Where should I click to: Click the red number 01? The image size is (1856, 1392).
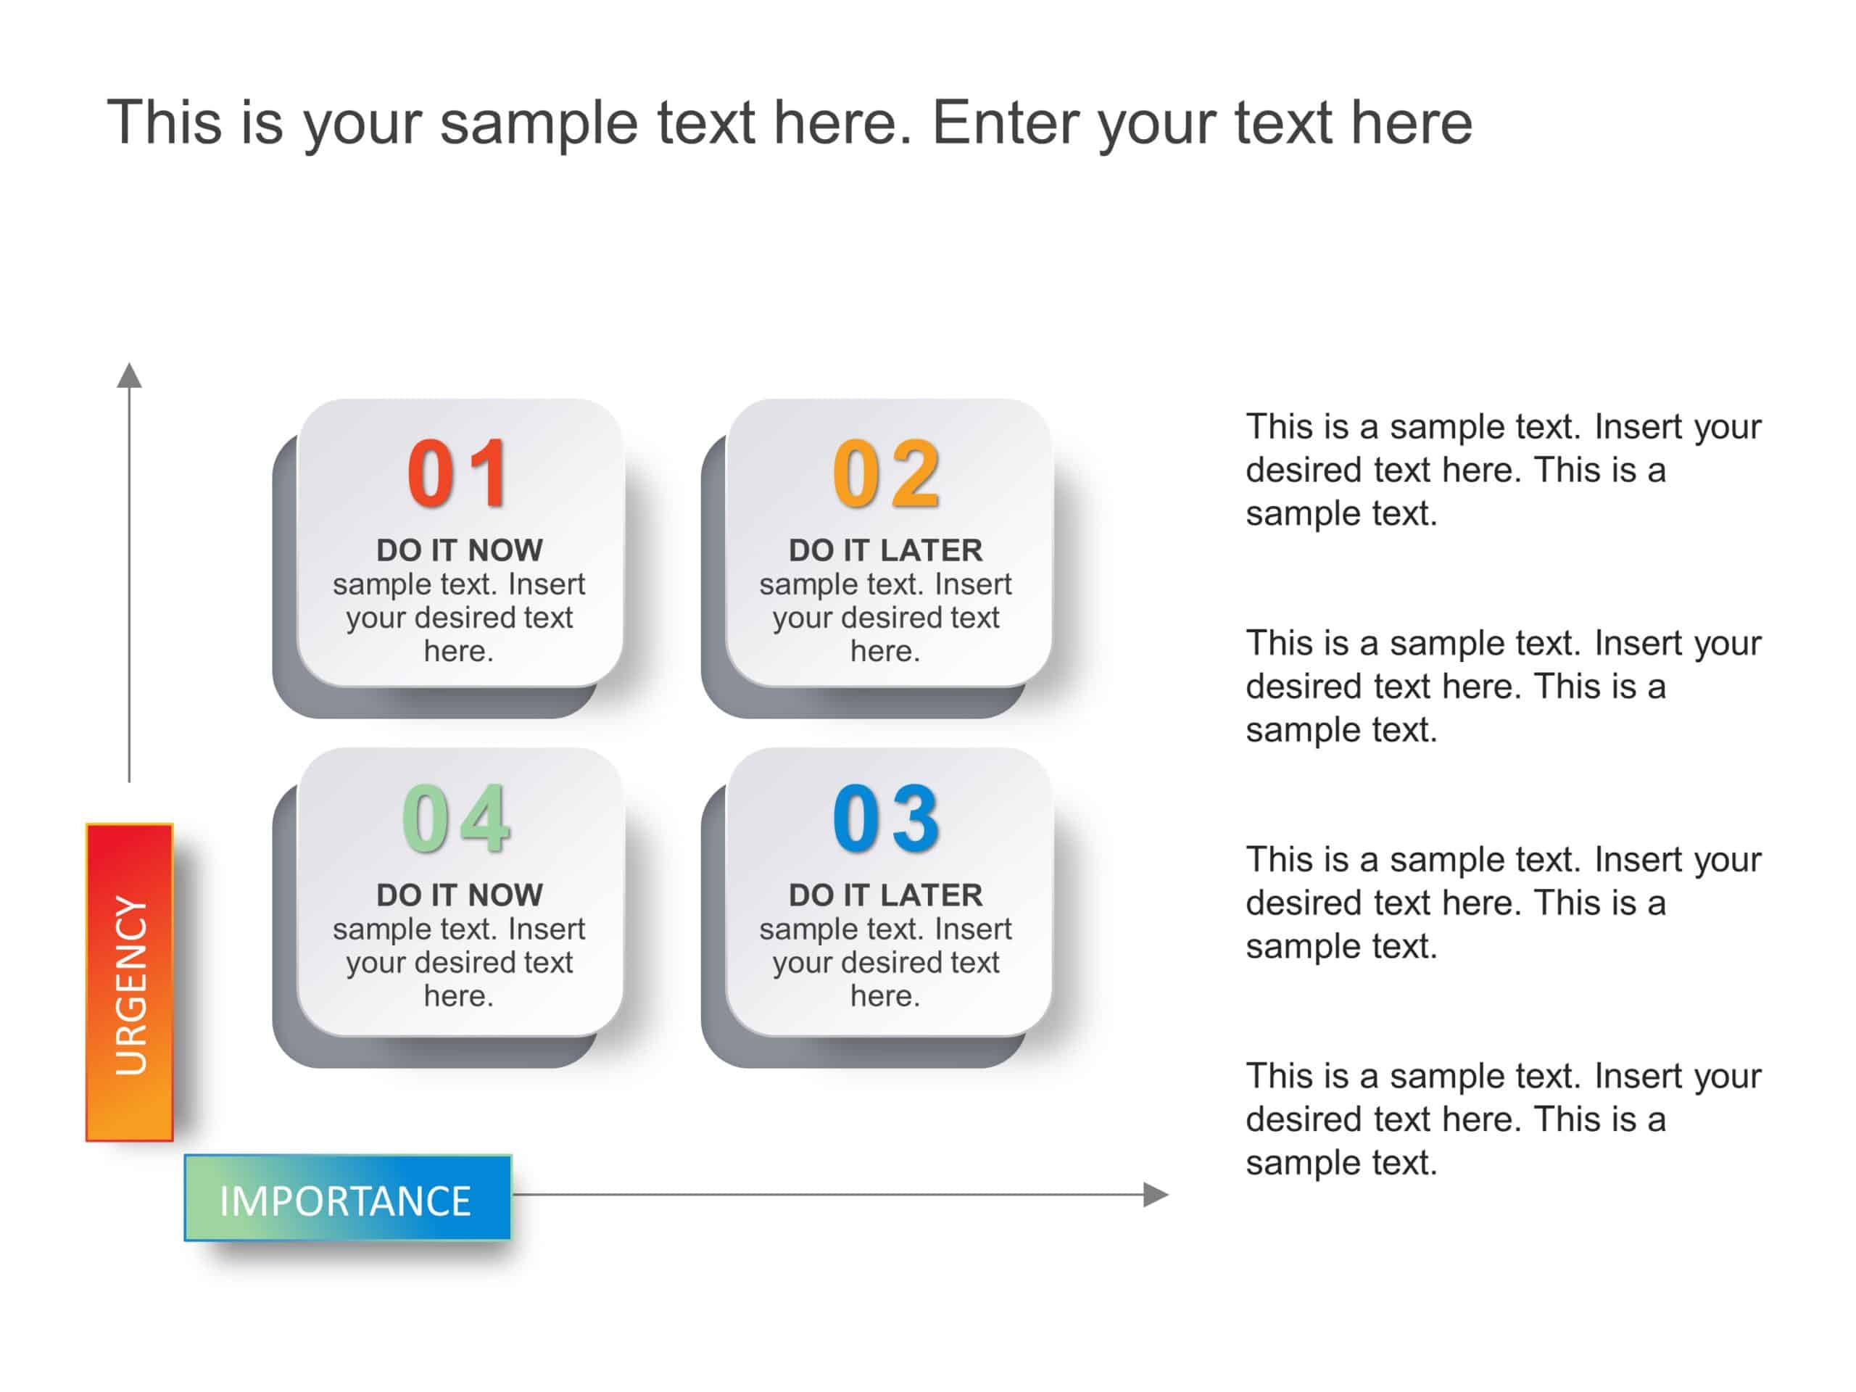tap(458, 474)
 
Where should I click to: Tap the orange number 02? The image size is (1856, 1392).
tap(885, 474)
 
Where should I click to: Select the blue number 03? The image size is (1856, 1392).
tap(885, 819)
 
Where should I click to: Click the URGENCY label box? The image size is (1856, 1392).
tap(130, 982)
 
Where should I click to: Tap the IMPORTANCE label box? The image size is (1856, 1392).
tap(347, 1198)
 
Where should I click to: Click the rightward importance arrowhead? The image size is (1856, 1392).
tap(1156, 1194)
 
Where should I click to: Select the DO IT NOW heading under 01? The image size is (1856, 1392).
tap(459, 550)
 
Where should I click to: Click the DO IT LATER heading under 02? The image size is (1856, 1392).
tap(885, 550)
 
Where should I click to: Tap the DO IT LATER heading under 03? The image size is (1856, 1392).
tap(885, 895)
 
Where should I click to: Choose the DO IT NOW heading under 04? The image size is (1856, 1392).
tap(459, 895)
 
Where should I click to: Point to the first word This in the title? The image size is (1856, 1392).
tap(165, 123)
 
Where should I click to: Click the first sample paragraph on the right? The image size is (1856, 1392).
tap(1502, 470)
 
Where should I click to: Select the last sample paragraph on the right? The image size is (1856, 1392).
tap(1502, 1119)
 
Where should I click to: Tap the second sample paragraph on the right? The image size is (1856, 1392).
tap(1502, 687)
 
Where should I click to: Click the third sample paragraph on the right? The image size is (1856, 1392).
tap(1502, 903)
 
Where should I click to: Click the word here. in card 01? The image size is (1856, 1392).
tap(458, 651)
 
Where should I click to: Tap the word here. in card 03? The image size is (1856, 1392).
tap(885, 996)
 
